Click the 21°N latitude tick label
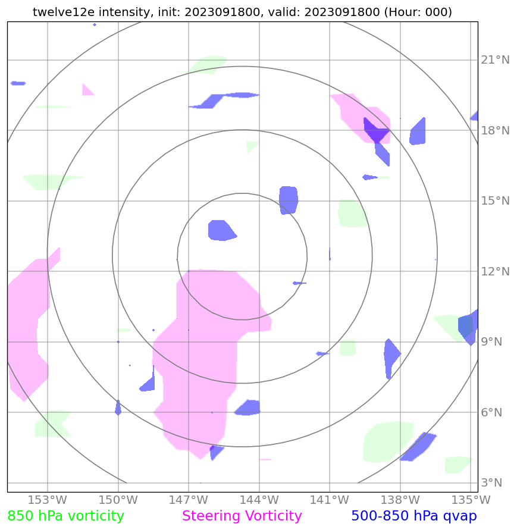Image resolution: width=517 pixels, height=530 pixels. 495,60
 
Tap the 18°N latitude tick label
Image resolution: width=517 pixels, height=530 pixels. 495,130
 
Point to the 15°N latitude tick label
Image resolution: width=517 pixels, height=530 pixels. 495,201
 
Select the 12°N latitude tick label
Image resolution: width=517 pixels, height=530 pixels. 495,272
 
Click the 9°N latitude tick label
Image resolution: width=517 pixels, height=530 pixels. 492,342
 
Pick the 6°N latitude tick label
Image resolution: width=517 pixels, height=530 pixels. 492,412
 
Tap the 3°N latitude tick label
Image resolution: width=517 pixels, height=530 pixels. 492,482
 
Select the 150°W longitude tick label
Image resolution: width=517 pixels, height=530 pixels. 118,500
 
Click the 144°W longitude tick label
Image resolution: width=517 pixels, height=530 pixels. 259,500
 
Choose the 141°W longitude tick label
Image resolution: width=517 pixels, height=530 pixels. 329,500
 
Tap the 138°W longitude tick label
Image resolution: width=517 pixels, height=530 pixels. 400,500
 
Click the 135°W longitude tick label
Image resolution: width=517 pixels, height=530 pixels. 470,500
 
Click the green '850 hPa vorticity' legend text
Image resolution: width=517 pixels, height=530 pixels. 65,516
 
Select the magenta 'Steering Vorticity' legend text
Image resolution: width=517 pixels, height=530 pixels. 242,516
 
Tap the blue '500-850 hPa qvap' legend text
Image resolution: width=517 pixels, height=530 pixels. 413,516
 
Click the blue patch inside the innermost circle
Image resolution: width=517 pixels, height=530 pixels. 221,230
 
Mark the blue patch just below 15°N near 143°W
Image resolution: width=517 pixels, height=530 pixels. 289,199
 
